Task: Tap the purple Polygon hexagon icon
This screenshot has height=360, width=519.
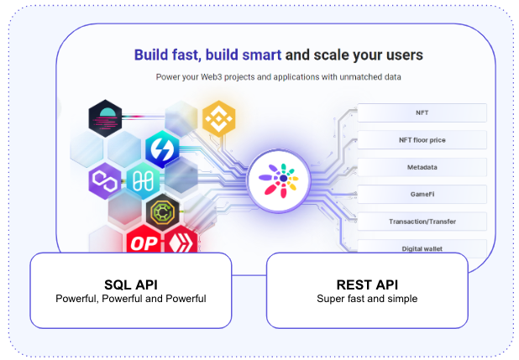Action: (x=106, y=180)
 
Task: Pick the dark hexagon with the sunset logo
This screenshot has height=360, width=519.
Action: (x=106, y=118)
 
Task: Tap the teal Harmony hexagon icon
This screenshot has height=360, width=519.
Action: (x=142, y=180)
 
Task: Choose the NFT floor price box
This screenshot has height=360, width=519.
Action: (x=422, y=139)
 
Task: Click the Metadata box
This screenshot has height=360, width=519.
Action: (x=422, y=167)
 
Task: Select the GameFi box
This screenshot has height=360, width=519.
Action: (x=422, y=194)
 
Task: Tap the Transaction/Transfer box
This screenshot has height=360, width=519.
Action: (x=422, y=222)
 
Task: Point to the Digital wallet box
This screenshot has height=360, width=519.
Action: (x=422, y=248)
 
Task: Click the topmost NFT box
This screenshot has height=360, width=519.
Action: (x=422, y=112)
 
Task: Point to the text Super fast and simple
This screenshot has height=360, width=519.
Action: (x=366, y=299)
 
